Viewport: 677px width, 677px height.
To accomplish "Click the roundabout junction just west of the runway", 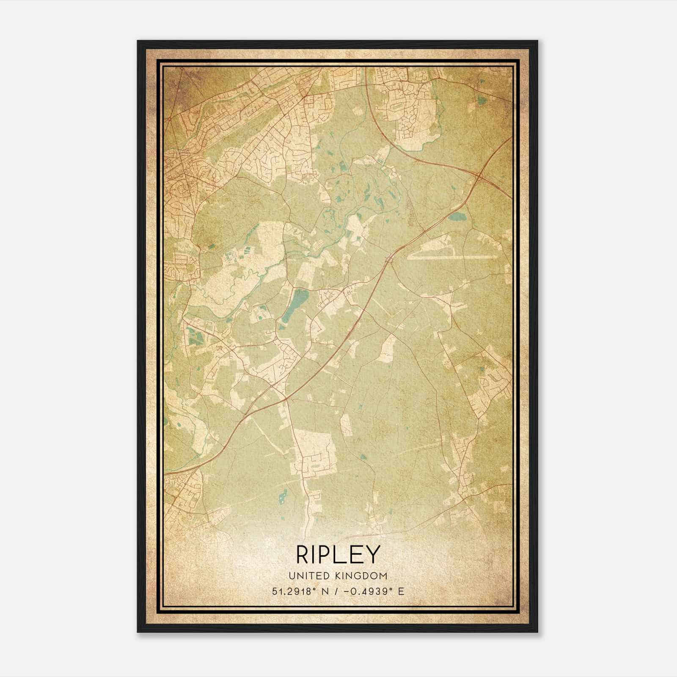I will coord(389,259).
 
